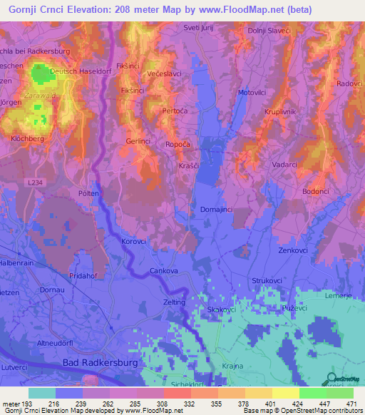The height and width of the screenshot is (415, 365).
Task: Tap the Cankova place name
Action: (163, 271)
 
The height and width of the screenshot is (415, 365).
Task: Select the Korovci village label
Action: (133, 241)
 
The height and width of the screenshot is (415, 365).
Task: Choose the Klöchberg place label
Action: (28, 138)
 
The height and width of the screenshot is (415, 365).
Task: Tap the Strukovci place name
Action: (267, 281)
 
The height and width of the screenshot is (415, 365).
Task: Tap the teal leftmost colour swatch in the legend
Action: (42, 393)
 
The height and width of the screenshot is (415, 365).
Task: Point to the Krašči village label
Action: (190, 164)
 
